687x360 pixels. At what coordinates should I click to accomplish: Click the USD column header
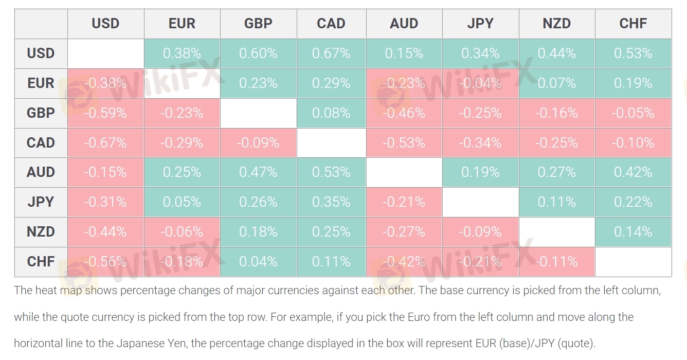tap(105, 24)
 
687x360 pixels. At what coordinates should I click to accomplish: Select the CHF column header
tap(633, 24)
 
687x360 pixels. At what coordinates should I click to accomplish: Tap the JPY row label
tap(41, 202)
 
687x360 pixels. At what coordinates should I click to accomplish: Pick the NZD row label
tap(41, 231)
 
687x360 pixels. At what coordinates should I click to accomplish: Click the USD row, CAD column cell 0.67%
tap(331, 53)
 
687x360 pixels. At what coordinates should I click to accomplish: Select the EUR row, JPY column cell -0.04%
tap(480, 83)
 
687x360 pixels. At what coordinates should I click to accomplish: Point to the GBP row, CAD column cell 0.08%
tap(331, 113)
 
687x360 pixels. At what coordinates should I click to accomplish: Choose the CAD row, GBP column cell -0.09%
tap(258, 142)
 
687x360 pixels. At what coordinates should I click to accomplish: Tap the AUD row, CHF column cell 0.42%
tap(633, 172)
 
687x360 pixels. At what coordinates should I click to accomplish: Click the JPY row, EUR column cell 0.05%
tap(182, 202)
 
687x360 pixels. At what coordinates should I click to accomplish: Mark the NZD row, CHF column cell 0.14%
tap(633, 231)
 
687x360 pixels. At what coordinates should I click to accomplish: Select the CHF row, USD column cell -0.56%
tap(105, 261)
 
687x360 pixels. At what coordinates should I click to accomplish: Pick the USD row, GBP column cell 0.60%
tap(258, 53)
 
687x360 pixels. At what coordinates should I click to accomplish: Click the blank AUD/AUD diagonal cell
tap(404, 172)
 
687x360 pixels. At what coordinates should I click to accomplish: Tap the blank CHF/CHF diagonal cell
tap(633, 261)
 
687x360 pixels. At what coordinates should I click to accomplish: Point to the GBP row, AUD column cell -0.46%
tap(404, 113)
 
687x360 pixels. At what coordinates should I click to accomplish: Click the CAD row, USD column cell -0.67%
tap(105, 142)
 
